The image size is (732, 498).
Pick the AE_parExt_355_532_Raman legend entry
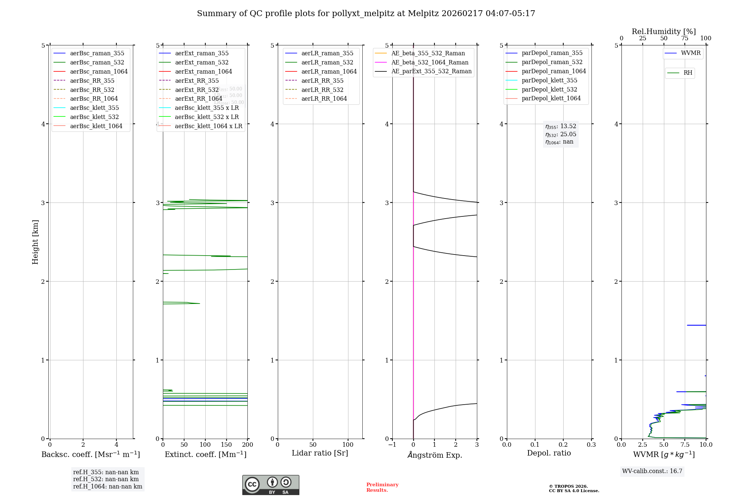(x=431, y=71)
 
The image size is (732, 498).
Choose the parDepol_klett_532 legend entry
(x=549, y=89)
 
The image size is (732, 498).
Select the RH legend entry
(x=688, y=73)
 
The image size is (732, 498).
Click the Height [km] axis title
(x=35, y=242)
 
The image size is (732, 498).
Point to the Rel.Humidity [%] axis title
(x=664, y=31)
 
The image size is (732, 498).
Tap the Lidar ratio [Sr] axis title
(x=320, y=453)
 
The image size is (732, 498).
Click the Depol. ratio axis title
(x=549, y=453)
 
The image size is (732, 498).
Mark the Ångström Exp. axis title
(x=434, y=455)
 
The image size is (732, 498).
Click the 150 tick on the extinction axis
(x=227, y=445)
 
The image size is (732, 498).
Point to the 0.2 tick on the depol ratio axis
(x=563, y=445)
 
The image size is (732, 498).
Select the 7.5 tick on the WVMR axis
(x=685, y=445)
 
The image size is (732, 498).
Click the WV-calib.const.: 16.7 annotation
(x=652, y=471)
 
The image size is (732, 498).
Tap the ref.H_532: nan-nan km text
(x=106, y=479)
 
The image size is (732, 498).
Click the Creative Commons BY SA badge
(x=270, y=485)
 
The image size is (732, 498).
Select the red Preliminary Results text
(x=382, y=487)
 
